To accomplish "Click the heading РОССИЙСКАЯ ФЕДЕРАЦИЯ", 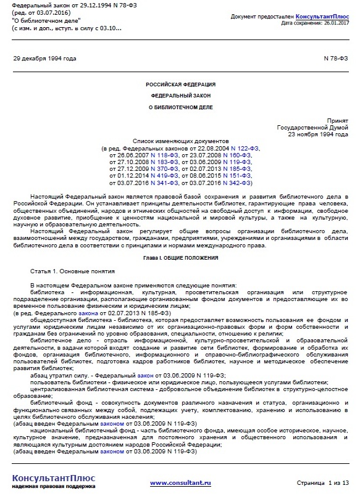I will [x=181, y=84].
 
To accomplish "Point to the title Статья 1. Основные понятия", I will [x=72, y=271].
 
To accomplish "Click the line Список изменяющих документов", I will [x=181, y=141].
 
